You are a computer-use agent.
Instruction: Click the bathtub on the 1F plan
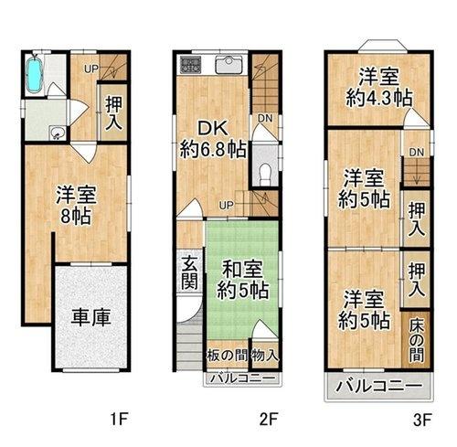tap(35, 74)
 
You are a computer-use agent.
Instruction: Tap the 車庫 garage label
tap(91, 318)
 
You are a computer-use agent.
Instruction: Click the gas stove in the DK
tap(190, 65)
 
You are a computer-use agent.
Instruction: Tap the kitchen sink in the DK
tap(227, 66)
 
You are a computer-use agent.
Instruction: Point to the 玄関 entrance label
tap(188, 271)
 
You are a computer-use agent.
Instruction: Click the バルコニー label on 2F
tap(239, 377)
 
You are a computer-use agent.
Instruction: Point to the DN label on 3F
tap(416, 151)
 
